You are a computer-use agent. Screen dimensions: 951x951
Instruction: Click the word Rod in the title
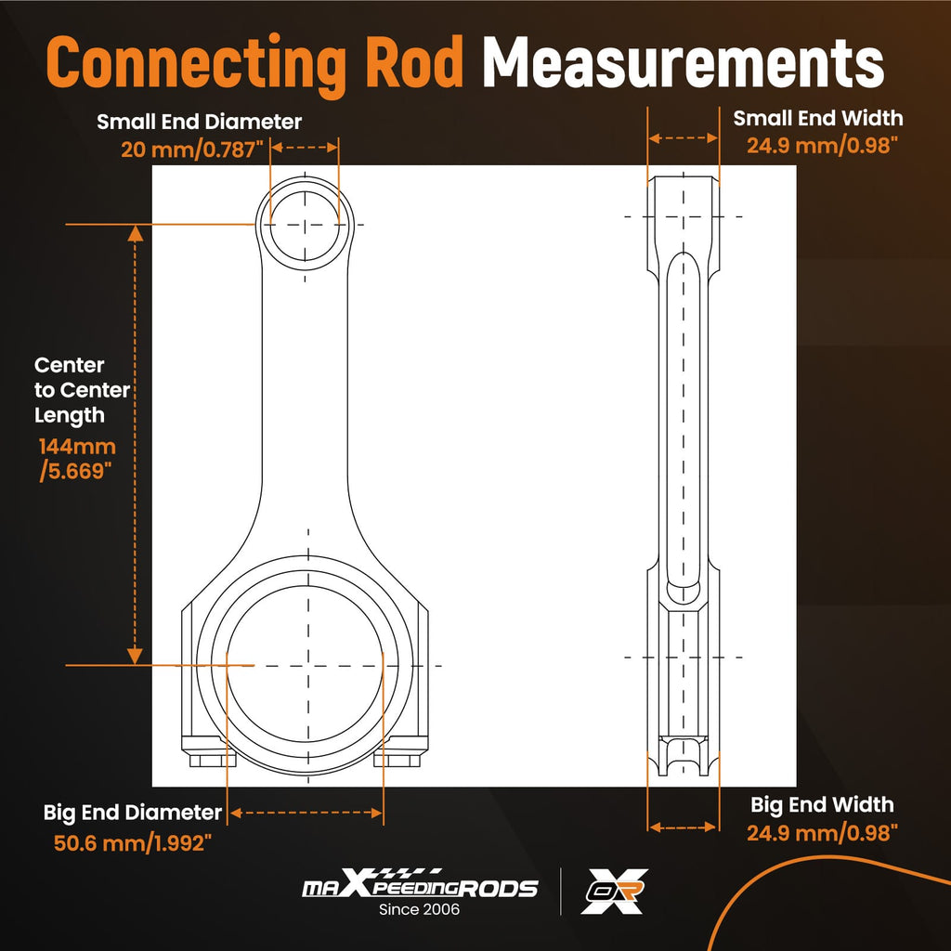(x=415, y=62)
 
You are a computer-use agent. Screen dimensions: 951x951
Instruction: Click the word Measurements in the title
(x=684, y=62)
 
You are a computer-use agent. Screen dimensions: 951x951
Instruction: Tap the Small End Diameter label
(x=199, y=122)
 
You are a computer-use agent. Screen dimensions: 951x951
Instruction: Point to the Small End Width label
(x=817, y=118)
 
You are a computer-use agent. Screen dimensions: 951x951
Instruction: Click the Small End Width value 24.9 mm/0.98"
(x=822, y=146)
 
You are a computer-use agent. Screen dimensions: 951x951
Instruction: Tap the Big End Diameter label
(x=133, y=812)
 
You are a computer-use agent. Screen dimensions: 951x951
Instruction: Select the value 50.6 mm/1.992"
(x=133, y=843)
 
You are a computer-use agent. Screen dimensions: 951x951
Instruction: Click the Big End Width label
(x=822, y=805)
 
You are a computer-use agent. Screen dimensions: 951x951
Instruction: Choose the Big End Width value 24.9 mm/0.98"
(x=822, y=833)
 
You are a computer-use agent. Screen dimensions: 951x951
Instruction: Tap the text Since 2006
(x=419, y=909)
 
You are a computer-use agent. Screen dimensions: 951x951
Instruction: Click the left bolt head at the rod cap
(x=213, y=761)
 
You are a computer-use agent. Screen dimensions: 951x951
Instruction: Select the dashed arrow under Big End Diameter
(x=306, y=813)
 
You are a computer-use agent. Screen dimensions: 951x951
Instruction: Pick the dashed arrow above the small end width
(x=683, y=138)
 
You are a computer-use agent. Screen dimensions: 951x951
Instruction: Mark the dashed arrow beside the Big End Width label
(x=683, y=827)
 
